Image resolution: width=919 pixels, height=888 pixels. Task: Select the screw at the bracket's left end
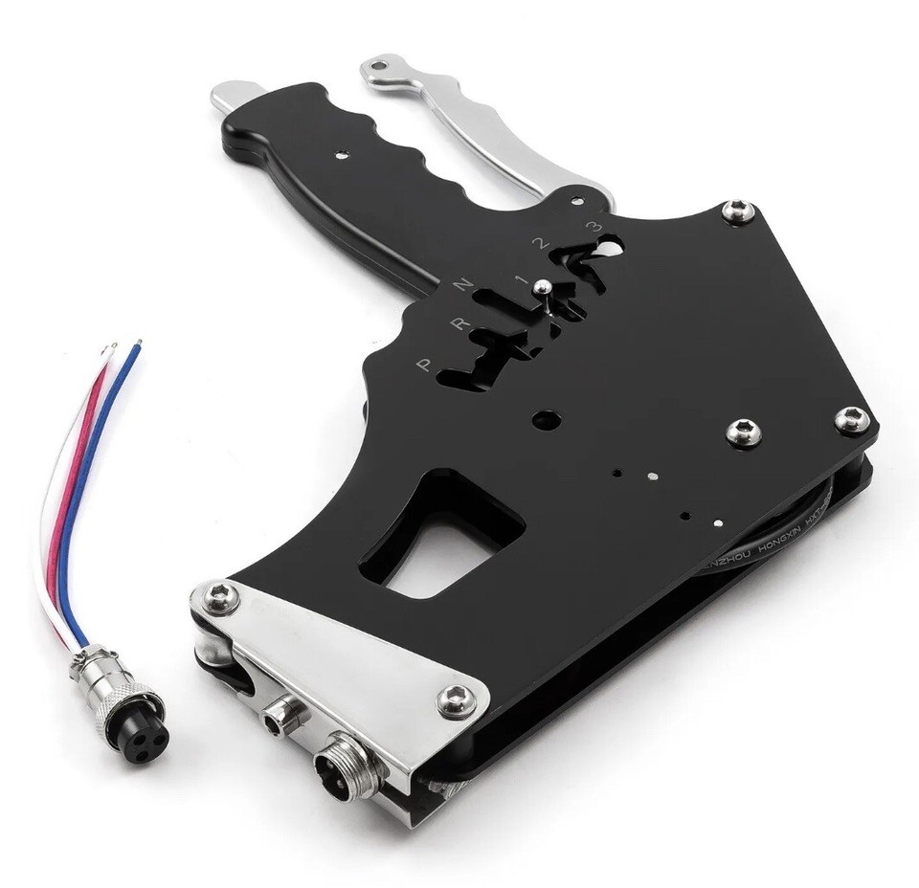[219, 594]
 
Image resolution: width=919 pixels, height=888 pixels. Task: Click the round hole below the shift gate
[546, 419]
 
